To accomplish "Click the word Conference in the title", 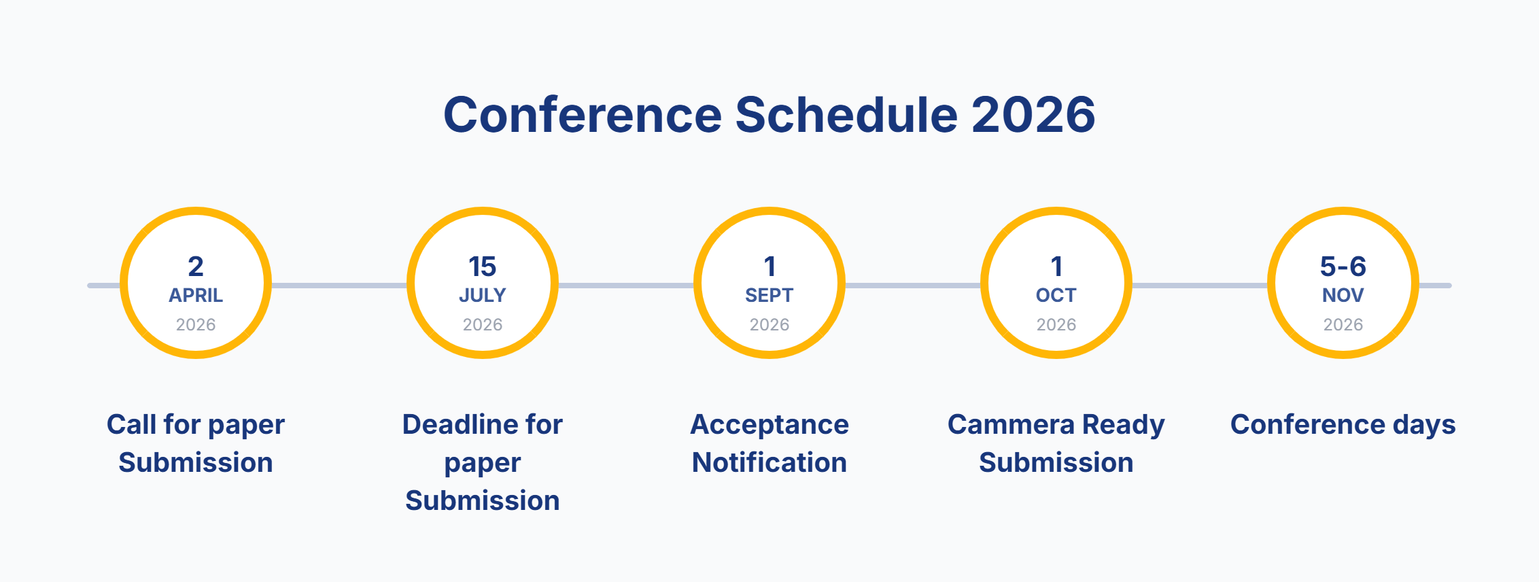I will tap(582, 114).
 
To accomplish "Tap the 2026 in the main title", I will tap(1033, 114).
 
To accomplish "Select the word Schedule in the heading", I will tap(846, 114).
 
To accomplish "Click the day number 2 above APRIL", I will tap(196, 267).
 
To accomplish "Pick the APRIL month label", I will tap(196, 295).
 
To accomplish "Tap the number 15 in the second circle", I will tap(482, 267).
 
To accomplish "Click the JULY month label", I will tap(482, 295).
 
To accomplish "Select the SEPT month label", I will tap(769, 295).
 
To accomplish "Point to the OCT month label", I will tap(1056, 295).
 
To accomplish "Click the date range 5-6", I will tap(1343, 267).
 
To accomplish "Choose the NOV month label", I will tap(1343, 295).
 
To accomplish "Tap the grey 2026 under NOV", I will tap(1343, 324).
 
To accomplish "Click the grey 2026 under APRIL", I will tap(196, 324).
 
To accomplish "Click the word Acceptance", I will tap(769, 424).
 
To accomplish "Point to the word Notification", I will tap(769, 462).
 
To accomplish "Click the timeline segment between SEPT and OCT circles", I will tap(912, 286).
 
